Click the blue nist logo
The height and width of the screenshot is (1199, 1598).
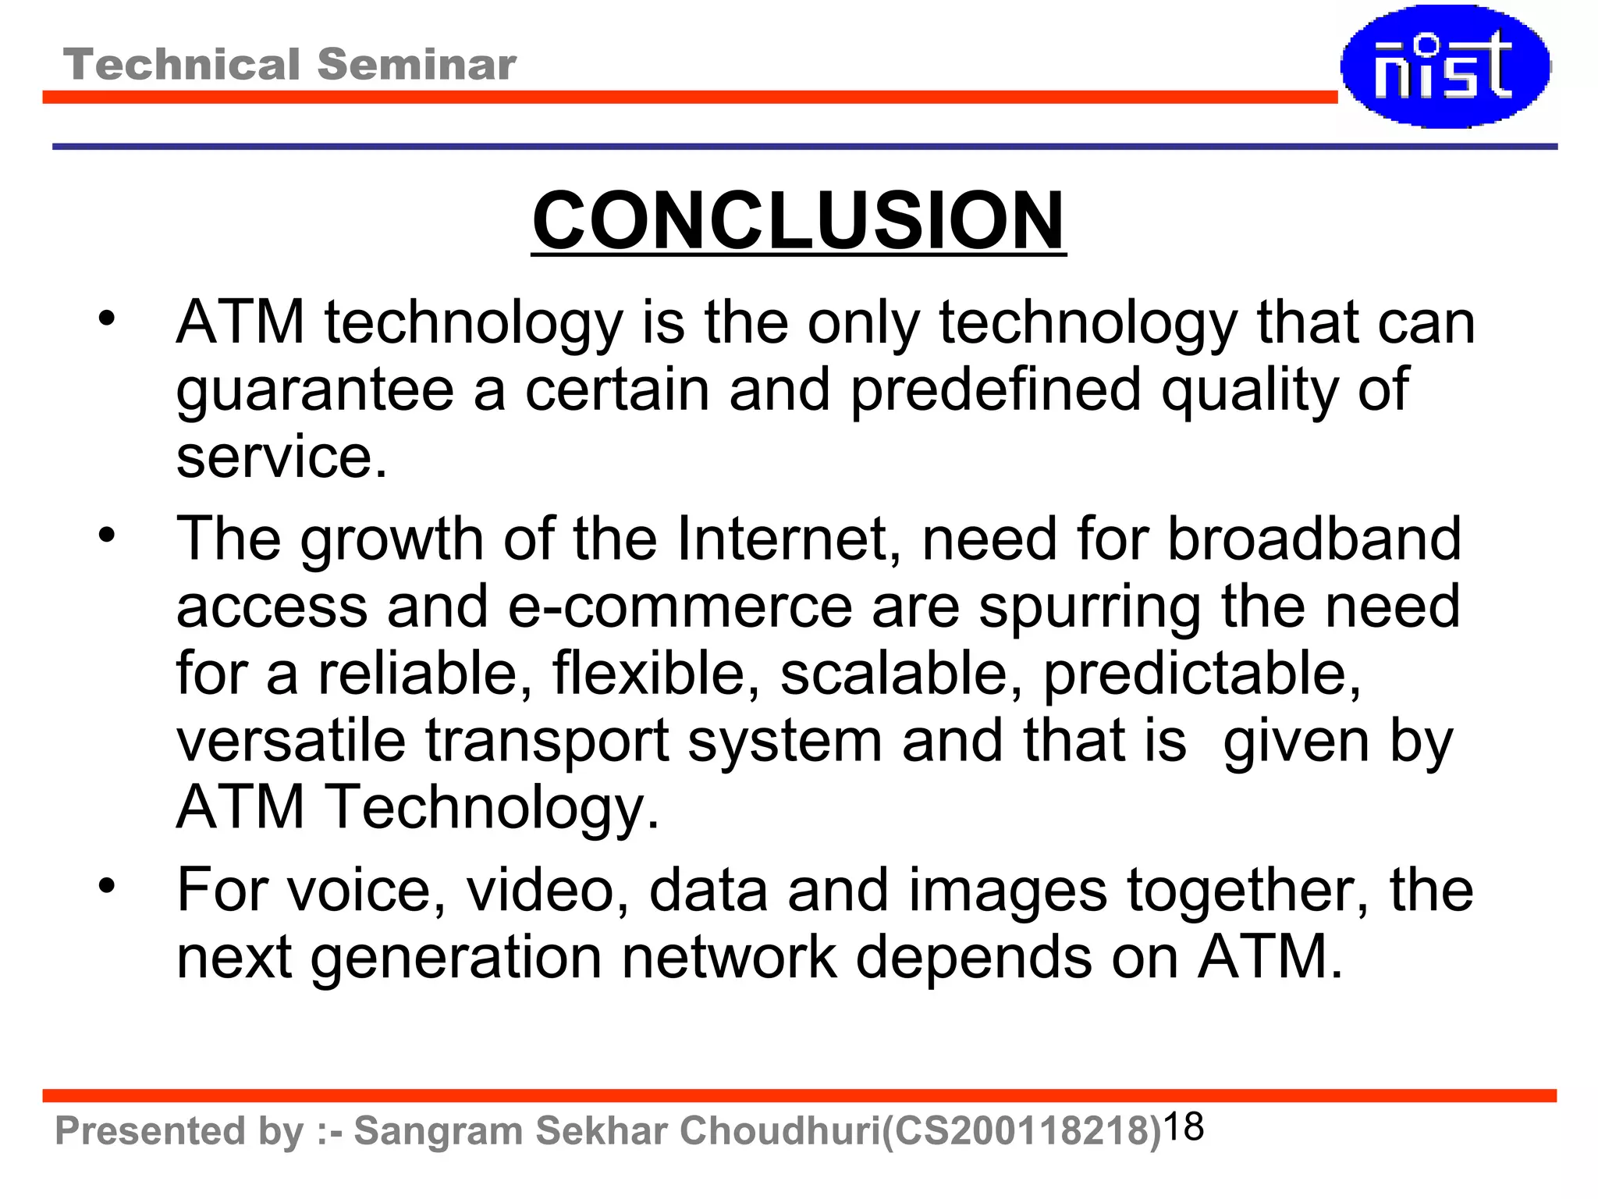click(1445, 66)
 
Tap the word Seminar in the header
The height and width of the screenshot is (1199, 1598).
click(417, 64)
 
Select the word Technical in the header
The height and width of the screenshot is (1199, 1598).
click(182, 64)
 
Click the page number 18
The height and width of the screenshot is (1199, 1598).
click(1184, 1127)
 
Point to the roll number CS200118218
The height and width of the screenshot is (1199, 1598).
click(1021, 1131)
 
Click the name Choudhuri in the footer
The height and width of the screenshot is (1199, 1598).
click(779, 1131)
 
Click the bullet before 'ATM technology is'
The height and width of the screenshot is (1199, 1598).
click(107, 318)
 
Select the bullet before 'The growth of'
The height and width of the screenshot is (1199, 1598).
click(107, 535)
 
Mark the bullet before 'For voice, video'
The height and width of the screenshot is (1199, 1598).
click(107, 886)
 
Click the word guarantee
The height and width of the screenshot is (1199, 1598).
click(314, 390)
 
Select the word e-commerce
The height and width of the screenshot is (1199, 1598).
click(680, 607)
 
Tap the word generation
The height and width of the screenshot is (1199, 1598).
click(456, 958)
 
